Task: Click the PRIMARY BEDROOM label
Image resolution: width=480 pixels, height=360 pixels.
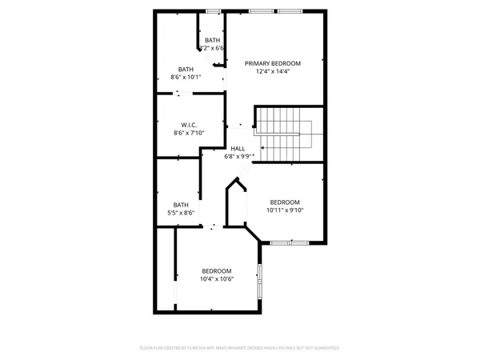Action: click(x=273, y=63)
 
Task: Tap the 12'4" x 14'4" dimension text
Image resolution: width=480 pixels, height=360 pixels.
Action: click(x=273, y=72)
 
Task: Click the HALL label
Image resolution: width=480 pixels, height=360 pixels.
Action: click(x=238, y=149)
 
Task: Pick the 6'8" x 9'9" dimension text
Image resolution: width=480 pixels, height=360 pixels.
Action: click(x=238, y=157)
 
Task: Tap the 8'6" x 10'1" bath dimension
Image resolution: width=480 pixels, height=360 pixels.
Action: click(x=186, y=78)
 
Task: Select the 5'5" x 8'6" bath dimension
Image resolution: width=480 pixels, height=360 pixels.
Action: click(x=182, y=213)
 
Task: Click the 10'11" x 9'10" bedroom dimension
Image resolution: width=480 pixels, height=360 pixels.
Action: click(x=285, y=210)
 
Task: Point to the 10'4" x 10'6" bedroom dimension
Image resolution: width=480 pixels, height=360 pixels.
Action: click(x=216, y=279)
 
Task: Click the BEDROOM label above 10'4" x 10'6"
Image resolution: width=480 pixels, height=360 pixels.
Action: click(x=216, y=270)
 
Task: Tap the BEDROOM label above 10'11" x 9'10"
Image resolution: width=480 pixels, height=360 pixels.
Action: click(x=285, y=202)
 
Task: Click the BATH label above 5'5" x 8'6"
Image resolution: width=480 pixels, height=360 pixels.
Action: click(x=182, y=204)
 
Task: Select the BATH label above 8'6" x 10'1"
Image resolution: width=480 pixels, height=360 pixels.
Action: click(x=186, y=69)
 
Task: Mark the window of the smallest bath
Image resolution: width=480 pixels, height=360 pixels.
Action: click(x=213, y=11)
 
